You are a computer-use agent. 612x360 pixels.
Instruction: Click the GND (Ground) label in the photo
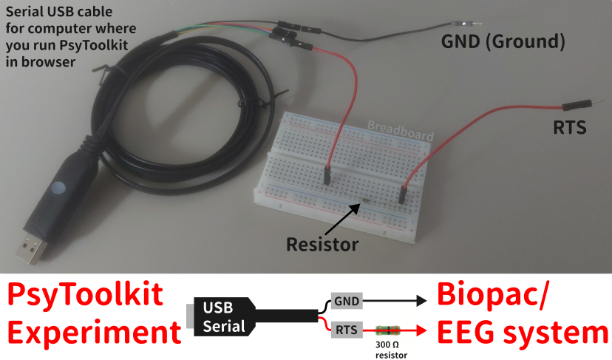click(503, 42)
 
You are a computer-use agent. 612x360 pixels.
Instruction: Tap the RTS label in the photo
click(570, 127)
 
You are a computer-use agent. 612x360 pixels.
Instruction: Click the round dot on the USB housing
click(58, 187)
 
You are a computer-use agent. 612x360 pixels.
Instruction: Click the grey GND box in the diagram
click(346, 302)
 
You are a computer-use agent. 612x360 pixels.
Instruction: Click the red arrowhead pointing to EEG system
click(422, 330)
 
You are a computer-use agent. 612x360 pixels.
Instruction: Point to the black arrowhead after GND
click(422, 302)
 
